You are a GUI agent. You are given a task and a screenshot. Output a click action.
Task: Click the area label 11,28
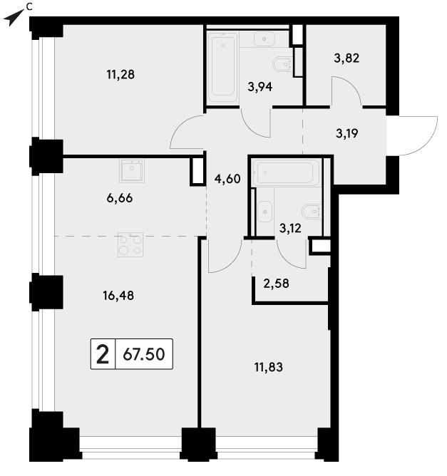tap(120, 74)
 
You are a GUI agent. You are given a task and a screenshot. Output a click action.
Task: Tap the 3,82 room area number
tap(346, 58)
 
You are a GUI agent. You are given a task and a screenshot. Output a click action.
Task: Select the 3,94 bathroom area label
tap(260, 87)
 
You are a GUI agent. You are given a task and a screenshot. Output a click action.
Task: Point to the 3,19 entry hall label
tap(346, 133)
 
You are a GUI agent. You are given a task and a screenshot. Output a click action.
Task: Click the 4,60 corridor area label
tap(227, 179)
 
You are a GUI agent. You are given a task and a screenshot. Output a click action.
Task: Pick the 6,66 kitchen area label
tap(120, 198)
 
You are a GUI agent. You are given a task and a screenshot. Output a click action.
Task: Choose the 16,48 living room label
tap(118, 296)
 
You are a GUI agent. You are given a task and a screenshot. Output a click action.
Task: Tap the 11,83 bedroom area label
tap(269, 367)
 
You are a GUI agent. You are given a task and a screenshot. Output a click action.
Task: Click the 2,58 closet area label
tap(276, 284)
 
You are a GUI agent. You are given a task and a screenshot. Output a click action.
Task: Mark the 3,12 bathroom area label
tap(290, 228)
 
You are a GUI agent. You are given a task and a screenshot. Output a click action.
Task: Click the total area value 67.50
tap(144, 354)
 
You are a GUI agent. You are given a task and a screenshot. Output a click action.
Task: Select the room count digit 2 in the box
tap(103, 354)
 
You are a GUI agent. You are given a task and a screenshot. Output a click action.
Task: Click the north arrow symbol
tap(14, 18)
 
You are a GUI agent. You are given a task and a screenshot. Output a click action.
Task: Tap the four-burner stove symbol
tap(130, 244)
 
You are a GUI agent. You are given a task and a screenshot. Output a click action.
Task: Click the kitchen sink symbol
tap(132, 170)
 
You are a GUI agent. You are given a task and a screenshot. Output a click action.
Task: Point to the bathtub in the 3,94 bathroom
tap(223, 67)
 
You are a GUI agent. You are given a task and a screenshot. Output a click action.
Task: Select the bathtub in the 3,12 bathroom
tap(285, 172)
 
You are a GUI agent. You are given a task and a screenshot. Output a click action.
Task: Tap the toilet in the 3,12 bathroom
tap(312, 212)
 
